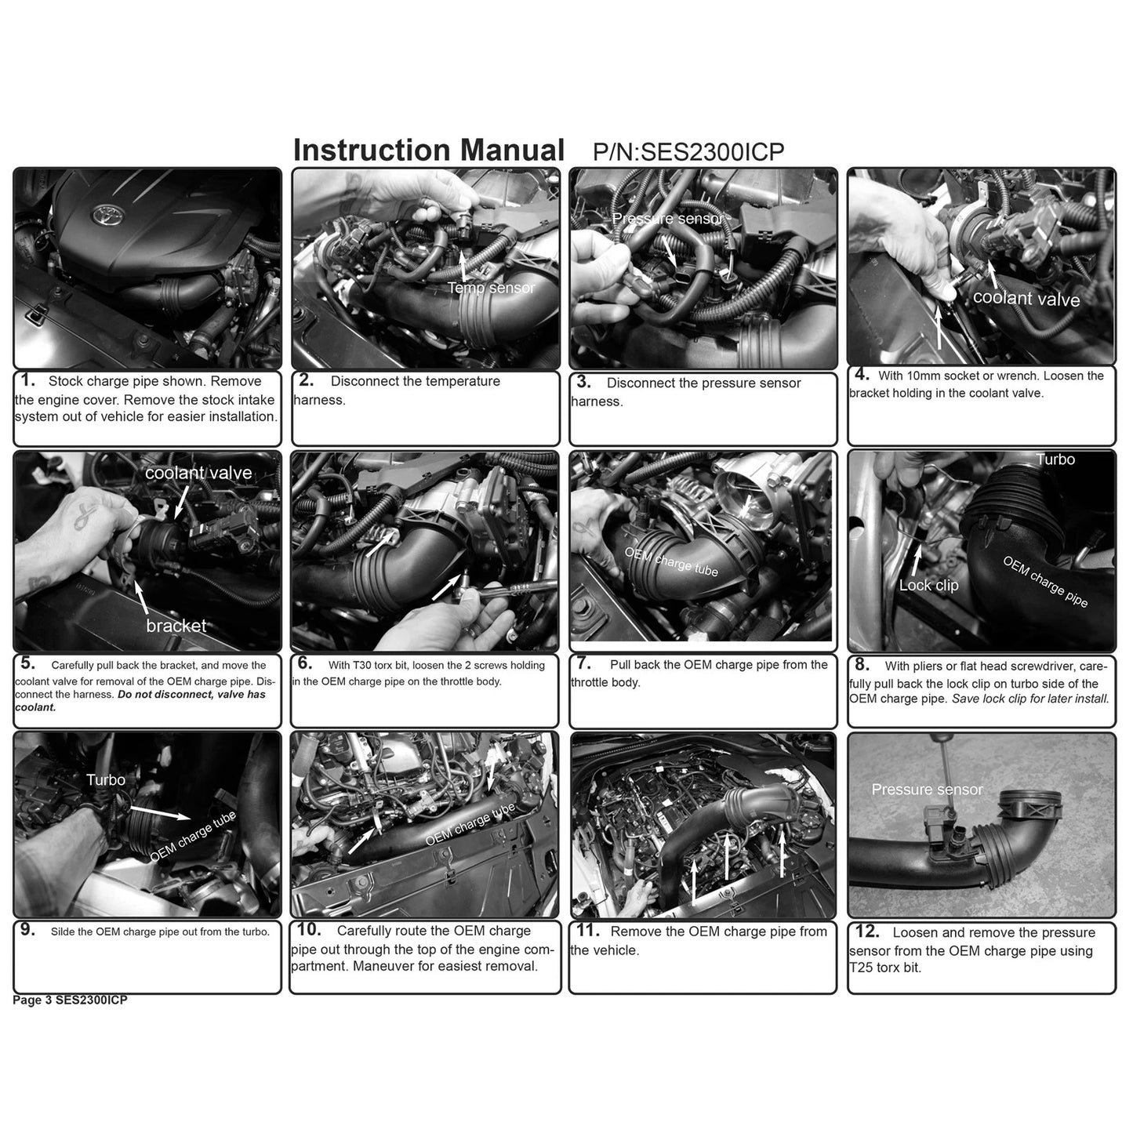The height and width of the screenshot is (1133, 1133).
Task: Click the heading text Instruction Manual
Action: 428,150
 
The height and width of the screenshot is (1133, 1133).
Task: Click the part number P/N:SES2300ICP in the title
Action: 688,152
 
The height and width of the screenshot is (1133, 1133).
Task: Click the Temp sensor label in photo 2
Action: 491,288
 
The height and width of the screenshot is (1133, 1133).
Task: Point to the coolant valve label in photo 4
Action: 1026,299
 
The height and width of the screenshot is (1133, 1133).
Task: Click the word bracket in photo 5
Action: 176,626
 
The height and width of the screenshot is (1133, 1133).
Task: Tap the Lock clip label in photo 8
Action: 928,585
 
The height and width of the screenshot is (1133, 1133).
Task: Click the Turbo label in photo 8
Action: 1055,459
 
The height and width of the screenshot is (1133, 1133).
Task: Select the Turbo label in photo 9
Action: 106,779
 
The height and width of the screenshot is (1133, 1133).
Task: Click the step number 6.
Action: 305,663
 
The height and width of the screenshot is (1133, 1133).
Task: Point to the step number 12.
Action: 866,931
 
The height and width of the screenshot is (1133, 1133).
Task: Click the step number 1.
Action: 28,380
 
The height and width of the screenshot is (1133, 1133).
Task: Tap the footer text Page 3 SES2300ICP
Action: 70,1000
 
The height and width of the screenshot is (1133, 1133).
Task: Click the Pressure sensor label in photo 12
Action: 927,790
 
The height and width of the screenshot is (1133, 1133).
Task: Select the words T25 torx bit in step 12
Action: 885,968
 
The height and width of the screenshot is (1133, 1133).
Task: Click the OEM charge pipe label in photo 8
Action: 1045,581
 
